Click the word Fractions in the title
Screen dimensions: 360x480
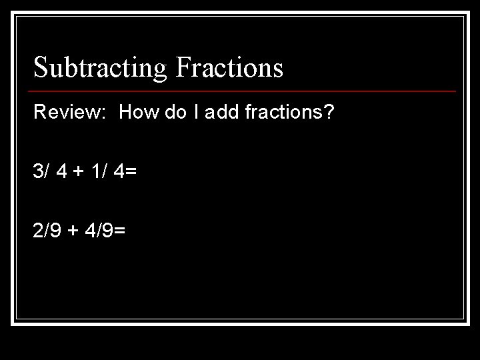tap(230, 67)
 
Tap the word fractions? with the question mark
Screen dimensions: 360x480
tap(294, 112)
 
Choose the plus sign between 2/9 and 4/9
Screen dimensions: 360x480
tap(73, 231)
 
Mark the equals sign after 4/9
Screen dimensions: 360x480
tap(121, 231)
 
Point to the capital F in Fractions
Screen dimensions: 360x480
tap(184, 67)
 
